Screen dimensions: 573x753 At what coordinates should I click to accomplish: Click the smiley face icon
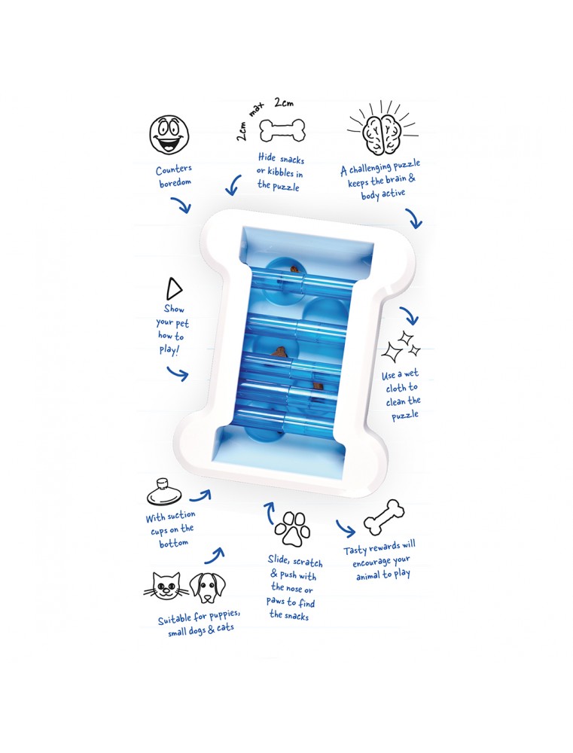pyautogui.click(x=169, y=134)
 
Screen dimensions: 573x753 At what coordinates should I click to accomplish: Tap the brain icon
pyautogui.click(x=383, y=128)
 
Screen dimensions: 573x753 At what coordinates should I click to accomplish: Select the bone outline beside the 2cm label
pyautogui.click(x=281, y=130)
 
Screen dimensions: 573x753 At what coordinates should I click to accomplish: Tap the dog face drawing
pyautogui.click(x=208, y=588)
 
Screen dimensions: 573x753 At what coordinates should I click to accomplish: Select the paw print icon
pyautogui.click(x=292, y=529)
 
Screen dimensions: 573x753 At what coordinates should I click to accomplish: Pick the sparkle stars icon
pyautogui.click(x=401, y=346)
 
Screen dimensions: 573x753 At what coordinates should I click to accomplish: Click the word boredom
pyautogui.click(x=175, y=183)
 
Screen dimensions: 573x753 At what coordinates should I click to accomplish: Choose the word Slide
pyautogui.click(x=279, y=559)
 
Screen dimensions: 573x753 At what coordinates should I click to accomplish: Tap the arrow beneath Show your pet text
pyautogui.click(x=177, y=373)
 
